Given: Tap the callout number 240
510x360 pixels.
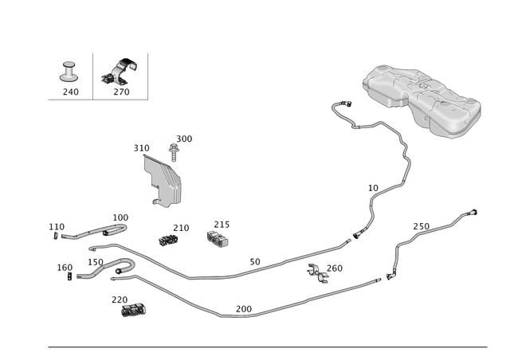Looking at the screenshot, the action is click(71, 92).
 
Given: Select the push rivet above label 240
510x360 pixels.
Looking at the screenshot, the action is click(69, 72).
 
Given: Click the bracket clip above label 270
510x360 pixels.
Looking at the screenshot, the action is click(120, 72).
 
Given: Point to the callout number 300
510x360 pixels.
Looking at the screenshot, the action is click(184, 139).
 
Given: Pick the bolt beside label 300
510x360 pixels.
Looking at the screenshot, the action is click(174, 153).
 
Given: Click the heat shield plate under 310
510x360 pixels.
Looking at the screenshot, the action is click(163, 181).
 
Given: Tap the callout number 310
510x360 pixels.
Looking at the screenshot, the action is click(142, 148).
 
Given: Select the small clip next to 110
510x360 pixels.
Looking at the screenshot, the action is click(56, 236).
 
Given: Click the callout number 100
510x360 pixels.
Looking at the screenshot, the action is click(120, 217).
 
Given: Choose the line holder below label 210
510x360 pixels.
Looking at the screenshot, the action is click(168, 241).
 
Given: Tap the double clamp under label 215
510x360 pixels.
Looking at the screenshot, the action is click(218, 239).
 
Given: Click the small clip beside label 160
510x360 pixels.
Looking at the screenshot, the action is click(69, 276).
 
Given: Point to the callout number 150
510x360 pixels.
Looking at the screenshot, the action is click(96, 262).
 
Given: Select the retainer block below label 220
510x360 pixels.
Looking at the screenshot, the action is click(133, 311).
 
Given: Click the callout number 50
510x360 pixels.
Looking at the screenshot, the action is click(255, 262).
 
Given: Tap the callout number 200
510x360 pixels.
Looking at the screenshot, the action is click(244, 309).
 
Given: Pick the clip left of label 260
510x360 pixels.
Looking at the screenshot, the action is click(317, 273).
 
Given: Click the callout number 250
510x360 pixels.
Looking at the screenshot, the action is click(422, 226).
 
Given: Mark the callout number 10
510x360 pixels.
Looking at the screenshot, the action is click(373, 188).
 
